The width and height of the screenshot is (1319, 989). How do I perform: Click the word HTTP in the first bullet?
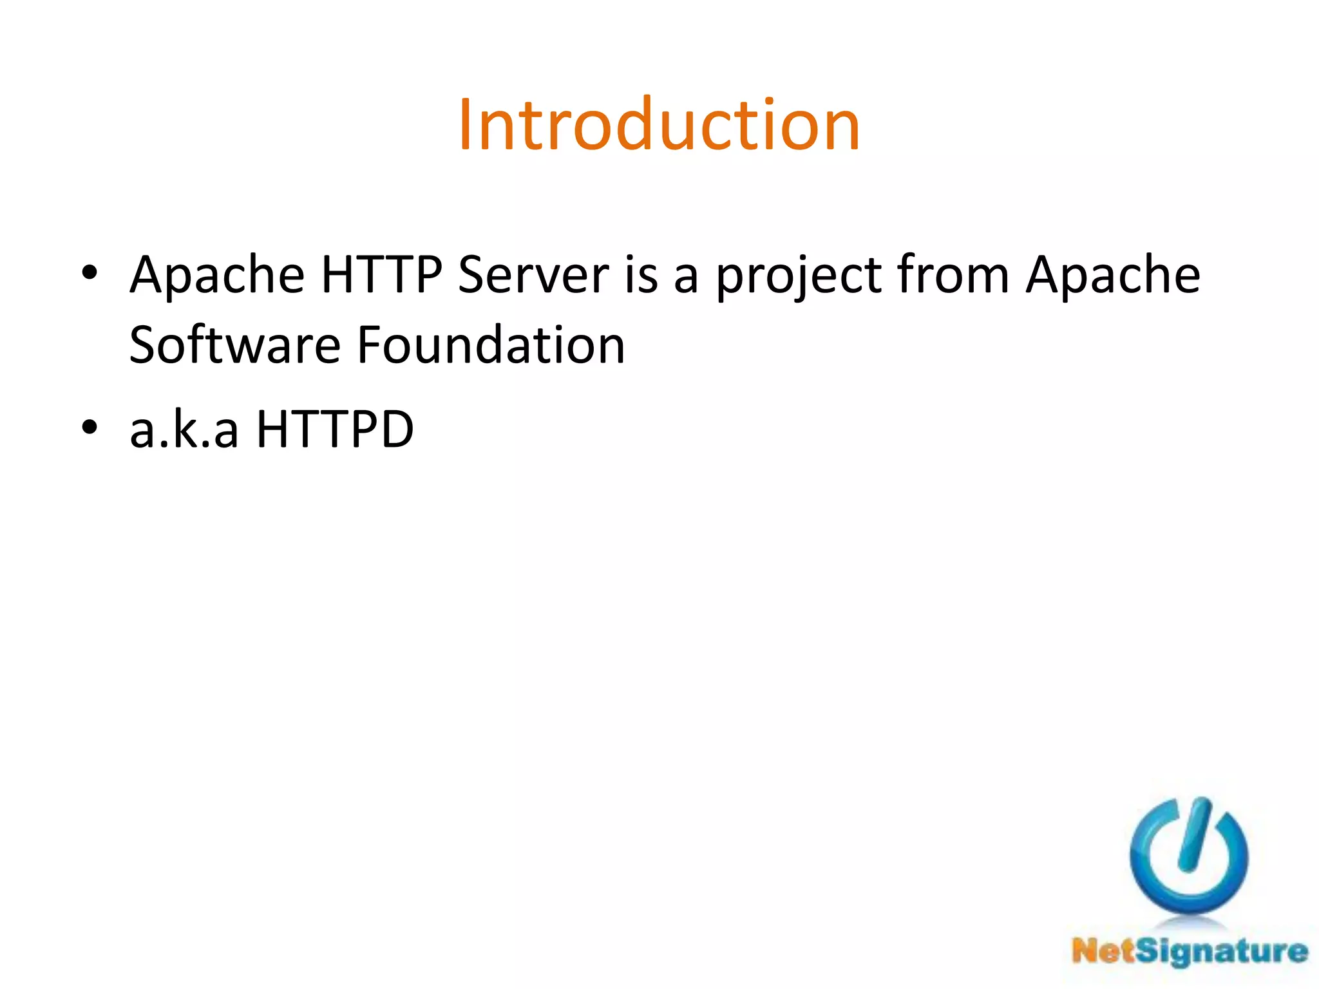381,275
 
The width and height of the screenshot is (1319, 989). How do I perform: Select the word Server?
533,275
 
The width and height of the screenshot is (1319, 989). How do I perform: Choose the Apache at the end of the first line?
1113,275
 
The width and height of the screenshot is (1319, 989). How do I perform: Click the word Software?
234,345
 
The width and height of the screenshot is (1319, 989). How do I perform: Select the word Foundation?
491,345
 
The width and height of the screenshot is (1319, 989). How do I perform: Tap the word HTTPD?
335,429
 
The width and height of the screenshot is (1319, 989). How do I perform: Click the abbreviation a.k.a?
184,429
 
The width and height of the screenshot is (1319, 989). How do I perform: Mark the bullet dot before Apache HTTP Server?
90,273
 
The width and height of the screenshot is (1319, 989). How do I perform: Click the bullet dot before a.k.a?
90,427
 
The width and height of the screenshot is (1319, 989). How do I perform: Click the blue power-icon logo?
1189,856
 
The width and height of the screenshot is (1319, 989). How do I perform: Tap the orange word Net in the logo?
1103,950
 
